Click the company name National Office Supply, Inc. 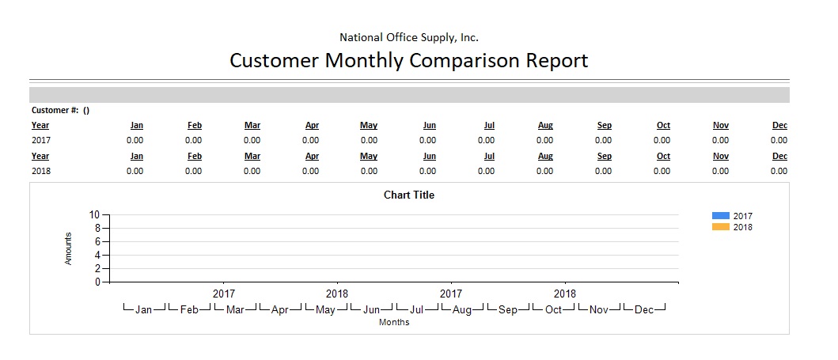[x=408, y=37]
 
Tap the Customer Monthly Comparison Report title [x=408, y=60]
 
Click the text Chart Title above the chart [x=409, y=195]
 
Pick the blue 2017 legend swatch [x=720, y=215]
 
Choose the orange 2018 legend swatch [x=720, y=227]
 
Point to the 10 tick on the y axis [x=95, y=214]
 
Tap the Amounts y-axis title [x=69, y=248]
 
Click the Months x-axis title [x=394, y=322]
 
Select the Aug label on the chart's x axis [x=462, y=310]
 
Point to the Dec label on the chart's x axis [x=644, y=310]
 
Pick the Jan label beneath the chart [x=143, y=310]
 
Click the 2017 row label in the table [x=40, y=140]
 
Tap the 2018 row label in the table [x=40, y=171]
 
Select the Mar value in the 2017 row [x=252, y=140]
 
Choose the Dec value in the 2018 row [x=779, y=171]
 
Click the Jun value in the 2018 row [x=427, y=171]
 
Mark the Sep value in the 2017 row [x=603, y=140]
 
